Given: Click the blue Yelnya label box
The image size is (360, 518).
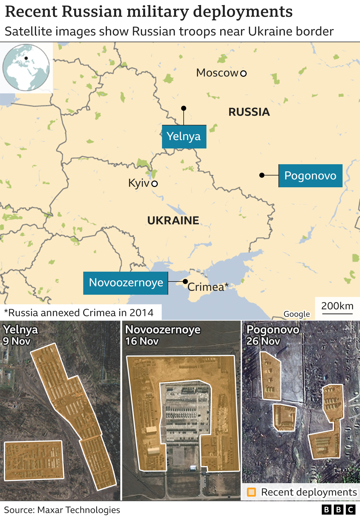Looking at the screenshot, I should coord(184,137).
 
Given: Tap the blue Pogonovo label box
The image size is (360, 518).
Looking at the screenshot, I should coord(310,176).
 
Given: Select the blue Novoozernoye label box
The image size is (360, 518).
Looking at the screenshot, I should coord(126,283).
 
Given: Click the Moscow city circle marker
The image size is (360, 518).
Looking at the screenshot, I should coord(244,73).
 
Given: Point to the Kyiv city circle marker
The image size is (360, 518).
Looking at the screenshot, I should coord(154,184).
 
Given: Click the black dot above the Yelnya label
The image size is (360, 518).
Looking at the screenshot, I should coord(184,108).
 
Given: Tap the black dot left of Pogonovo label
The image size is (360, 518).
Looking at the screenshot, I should coord(262,175).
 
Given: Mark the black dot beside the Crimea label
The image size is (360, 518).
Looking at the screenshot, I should coord(185,281).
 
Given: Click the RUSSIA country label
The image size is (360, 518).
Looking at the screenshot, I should coord(249,112).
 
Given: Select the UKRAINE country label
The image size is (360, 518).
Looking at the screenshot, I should coord(173,221).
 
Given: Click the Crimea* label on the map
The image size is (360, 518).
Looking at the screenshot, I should coord(208,287).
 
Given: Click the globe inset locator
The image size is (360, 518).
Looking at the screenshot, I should coord(26,67).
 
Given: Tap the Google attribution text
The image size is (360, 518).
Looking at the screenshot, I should coord(296,314).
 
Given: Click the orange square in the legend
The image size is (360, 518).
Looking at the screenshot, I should coord(251,492).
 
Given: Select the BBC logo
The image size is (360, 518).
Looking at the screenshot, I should coord(338,510).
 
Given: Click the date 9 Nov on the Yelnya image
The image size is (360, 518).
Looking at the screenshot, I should coord(17,341).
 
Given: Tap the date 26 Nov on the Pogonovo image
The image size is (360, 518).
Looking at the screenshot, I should coord(263,341).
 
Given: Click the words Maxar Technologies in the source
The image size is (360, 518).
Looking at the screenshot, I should coord(78,510).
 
